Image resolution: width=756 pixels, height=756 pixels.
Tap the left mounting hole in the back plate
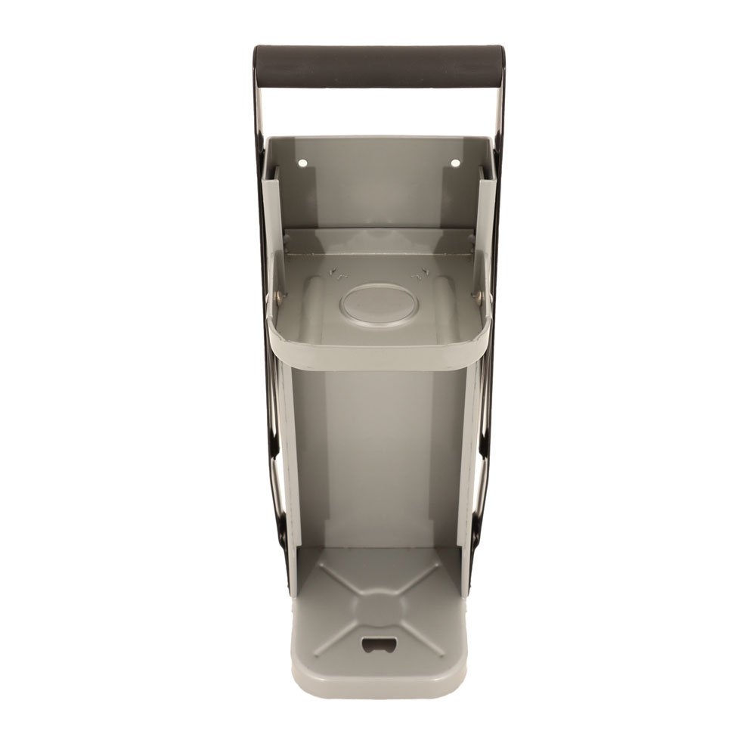[x=302, y=163]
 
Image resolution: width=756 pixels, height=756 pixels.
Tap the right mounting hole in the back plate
[x=455, y=163]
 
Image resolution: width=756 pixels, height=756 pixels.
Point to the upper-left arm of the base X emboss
[x=333, y=578]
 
